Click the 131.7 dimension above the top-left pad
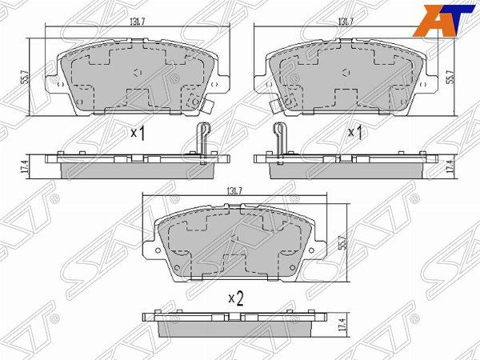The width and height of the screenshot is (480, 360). pos(138,22)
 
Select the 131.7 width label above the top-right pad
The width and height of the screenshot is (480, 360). pos(346,22)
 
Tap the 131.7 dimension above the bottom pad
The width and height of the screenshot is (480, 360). pos(234,191)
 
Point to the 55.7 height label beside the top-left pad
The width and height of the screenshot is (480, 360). pos(26,77)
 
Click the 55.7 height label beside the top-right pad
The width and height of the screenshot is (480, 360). pos(449,77)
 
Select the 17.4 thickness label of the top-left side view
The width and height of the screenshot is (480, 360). pos(26,167)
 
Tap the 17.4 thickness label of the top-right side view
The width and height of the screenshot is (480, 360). pos(449,168)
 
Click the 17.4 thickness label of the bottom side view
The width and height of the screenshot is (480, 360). pos(343,325)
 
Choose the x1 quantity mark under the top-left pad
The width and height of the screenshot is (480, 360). pos(138,134)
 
